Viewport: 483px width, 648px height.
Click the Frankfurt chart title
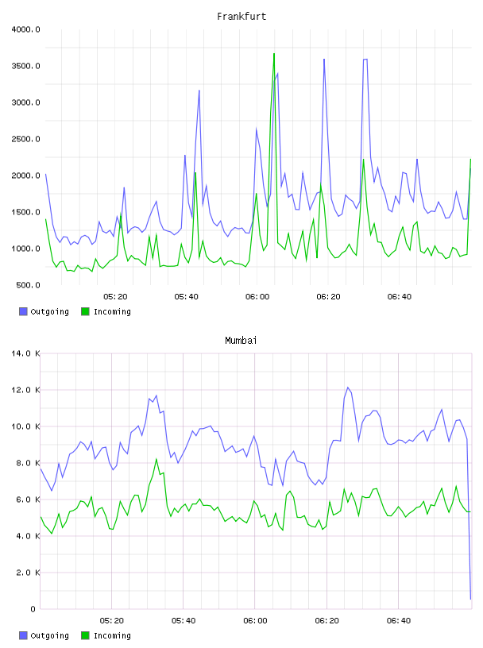[241, 17]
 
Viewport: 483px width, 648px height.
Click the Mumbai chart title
[241, 341]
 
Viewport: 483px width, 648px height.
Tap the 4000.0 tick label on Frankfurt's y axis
[25, 29]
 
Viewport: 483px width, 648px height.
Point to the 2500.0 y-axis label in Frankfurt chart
[25, 139]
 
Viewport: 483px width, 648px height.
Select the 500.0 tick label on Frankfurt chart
[28, 285]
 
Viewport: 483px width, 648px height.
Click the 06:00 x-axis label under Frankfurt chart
[257, 297]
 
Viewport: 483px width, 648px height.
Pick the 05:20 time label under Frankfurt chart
[115, 297]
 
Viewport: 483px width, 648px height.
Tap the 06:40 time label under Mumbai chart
[399, 621]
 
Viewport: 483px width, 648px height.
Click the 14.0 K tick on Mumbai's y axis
[25, 353]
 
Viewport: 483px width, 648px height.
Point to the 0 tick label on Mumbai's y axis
[33, 609]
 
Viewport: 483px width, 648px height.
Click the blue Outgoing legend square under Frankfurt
[23, 311]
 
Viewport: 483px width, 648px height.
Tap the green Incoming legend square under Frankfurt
[85, 311]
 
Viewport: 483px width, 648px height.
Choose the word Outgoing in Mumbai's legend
[49, 635]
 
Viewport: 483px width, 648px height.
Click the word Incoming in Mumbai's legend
[112, 635]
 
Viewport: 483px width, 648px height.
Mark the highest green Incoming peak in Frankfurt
[274, 54]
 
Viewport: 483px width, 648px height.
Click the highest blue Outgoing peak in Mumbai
[348, 388]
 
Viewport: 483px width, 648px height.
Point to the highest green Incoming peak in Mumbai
[156, 459]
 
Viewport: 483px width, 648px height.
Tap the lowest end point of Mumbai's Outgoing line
[470, 599]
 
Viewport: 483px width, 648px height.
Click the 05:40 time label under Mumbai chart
[184, 621]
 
